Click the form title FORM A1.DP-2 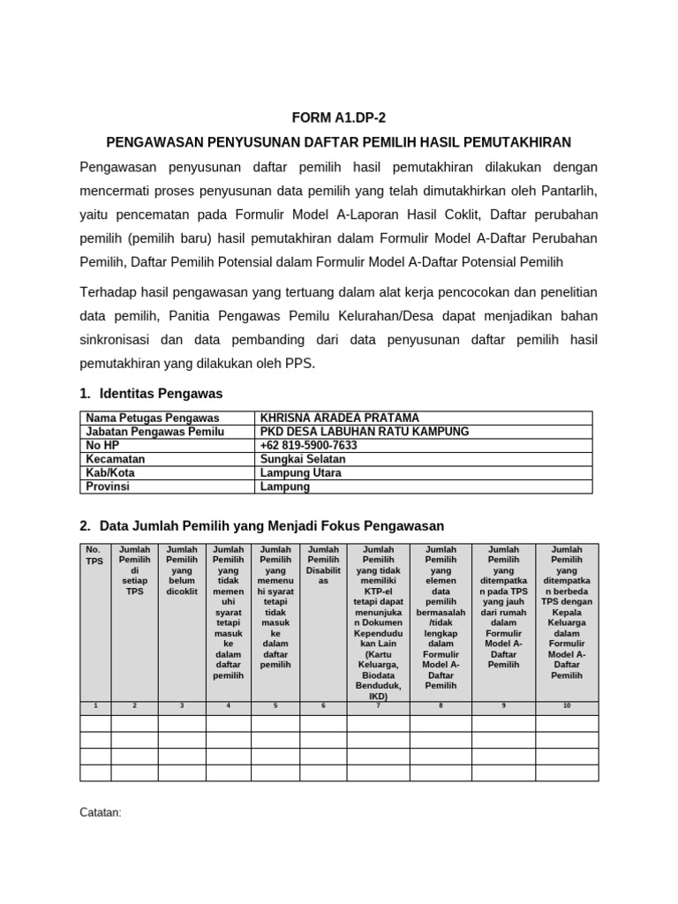pos(338,117)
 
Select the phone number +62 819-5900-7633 pos(308,445)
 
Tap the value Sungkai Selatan pos(303,459)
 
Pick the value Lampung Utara pos(300,473)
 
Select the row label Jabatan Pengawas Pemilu pos(154,432)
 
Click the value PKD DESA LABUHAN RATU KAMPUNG pos(365,432)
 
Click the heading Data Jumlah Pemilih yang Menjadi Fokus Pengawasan pos(271,526)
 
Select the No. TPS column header pos(94,554)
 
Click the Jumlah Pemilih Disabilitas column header pos(323,565)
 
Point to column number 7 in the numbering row pos(378,705)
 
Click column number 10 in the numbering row pos(567,705)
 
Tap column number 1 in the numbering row pos(95,705)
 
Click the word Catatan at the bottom pos(100,811)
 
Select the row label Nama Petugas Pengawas pos(152,418)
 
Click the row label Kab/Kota pos(111,473)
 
